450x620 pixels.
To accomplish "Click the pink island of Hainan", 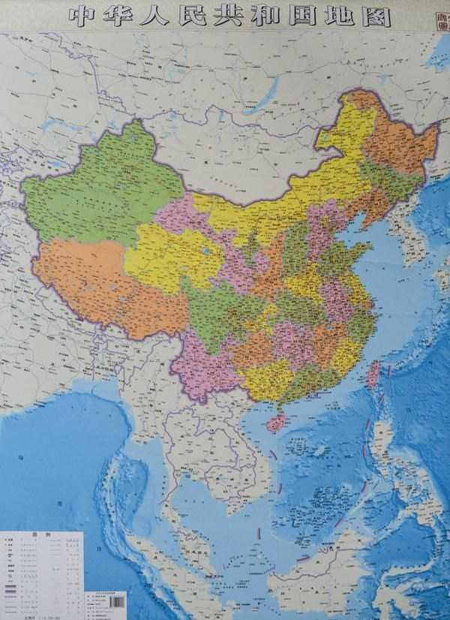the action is tap(277, 423).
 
